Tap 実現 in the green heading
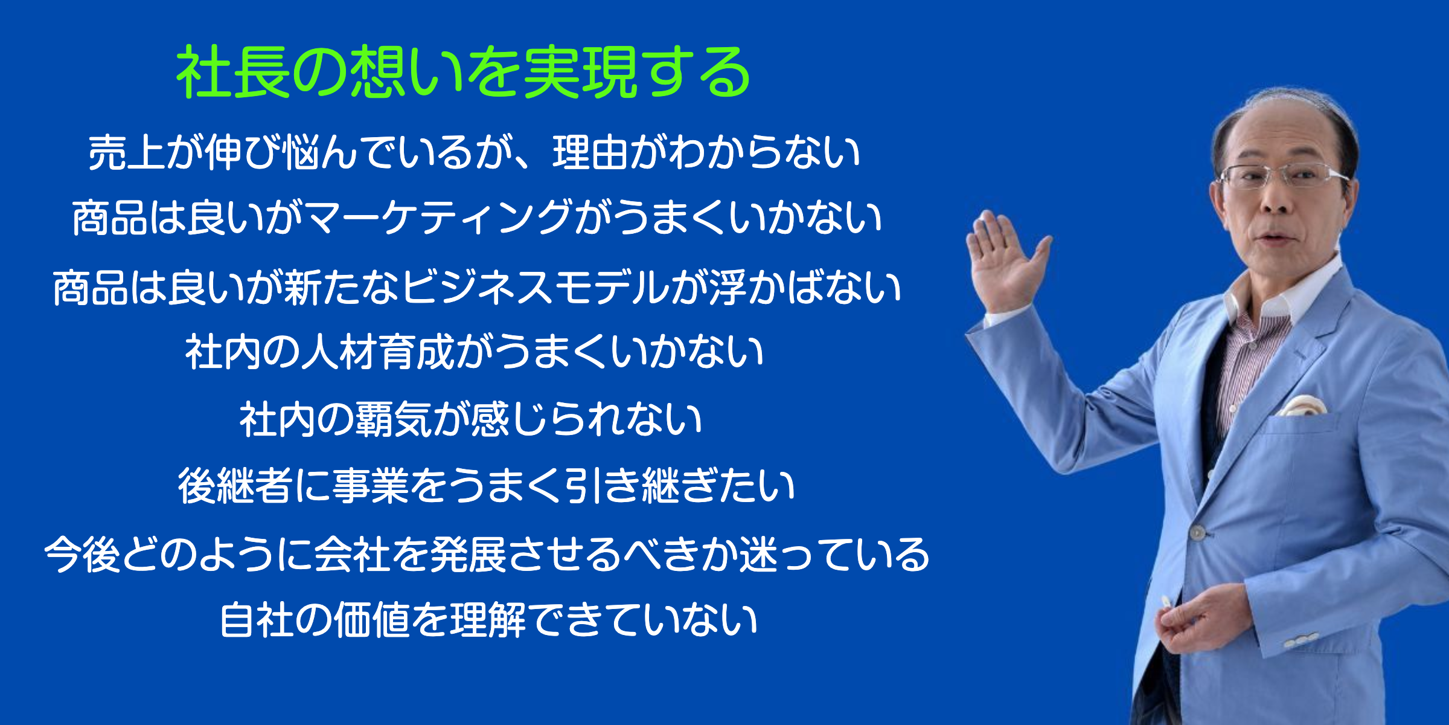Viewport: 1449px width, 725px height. pos(580,72)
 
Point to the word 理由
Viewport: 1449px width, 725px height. pos(591,152)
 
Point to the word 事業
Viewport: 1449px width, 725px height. pos(371,486)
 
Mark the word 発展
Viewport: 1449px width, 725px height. pos(468,555)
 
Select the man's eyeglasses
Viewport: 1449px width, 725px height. pos(1283,176)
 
